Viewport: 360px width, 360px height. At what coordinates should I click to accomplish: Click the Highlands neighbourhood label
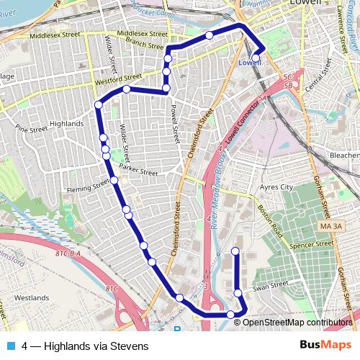[67, 124]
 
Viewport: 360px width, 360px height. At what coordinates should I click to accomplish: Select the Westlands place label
[31, 297]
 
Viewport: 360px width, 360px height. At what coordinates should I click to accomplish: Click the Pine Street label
[30, 130]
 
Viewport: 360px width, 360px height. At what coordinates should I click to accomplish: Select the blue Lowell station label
[249, 63]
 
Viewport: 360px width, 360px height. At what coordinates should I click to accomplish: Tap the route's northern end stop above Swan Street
[235, 251]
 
